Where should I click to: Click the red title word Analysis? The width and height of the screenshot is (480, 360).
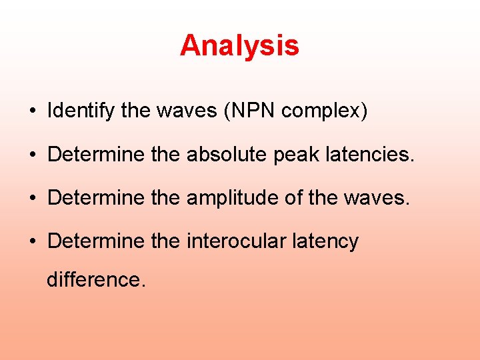[239, 46]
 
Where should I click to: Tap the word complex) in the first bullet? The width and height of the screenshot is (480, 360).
[324, 111]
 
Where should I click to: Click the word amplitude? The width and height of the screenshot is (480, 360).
[232, 198]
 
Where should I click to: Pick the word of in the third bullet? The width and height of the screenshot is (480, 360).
[297, 198]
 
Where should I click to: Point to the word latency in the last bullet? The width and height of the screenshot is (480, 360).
[325, 241]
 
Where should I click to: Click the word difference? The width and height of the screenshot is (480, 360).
[95, 279]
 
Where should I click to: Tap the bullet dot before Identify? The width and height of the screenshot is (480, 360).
[33, 111]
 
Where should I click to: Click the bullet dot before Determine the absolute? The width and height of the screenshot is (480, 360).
[33, 155]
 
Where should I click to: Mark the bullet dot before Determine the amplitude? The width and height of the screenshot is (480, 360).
[33, 199]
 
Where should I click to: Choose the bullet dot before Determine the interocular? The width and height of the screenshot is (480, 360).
[33, 241]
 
